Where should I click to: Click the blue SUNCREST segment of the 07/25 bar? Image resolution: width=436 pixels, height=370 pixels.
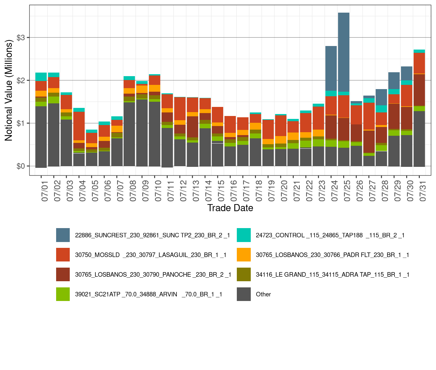pyautogui.click(x=344, y=52)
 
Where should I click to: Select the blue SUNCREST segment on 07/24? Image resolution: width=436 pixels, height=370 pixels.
pyautogui.click(x=331, y=68)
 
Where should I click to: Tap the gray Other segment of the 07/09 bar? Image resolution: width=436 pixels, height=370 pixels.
pyautogui.click(x=142, y=133)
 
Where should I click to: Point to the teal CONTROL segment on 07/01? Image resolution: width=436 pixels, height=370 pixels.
pyautogui.click(x=41, y=76)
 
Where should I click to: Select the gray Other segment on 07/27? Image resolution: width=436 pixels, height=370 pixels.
pyautogui.click(x=369, y=161)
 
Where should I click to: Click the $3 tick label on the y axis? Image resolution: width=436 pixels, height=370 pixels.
pyautogui.click(x=21, y=38)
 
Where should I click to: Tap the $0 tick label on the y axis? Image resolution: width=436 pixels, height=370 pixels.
pyautogui.click(x=21, y=166)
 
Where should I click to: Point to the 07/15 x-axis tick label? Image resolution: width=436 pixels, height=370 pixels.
pyautogui.click(x=221, y=191)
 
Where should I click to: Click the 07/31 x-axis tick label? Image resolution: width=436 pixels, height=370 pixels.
pyautogui.click(x=422, y=191)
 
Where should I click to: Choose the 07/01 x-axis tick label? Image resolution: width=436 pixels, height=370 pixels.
pyautogui.click(x=44, y=191)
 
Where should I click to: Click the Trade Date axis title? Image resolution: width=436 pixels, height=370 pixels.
pyautogui.click(x=230, y=208)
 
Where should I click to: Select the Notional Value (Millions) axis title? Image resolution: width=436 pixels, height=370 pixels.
pyautogui.click(x=9, y=90)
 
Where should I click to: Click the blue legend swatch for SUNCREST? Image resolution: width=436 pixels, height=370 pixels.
pyautogui.click(x=63, y=235)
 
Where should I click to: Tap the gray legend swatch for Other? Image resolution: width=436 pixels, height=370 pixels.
pyautogui.click(x=244, y=294)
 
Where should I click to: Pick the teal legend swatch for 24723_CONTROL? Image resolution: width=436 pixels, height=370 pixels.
pyautogui.click(x=244, y=235)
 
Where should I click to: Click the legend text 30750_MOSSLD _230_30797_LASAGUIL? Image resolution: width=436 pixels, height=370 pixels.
pyautogui.click(x=151, y=255)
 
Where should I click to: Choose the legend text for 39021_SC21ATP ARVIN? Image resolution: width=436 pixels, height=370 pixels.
pyautogui.click(x=149, y=294)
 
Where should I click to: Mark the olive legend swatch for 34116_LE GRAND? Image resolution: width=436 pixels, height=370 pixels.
pyautogui.click(x=244, y=274)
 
